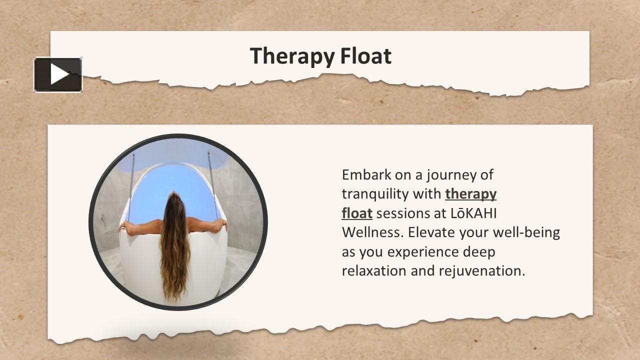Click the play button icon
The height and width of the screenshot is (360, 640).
(x=58, y=75)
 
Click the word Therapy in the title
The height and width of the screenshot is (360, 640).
(x=292, y=56)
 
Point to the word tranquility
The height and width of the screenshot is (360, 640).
(x=375, y=194)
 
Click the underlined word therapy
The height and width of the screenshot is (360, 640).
(x=470, y=194)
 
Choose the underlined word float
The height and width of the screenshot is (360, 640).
(x=357, y=213)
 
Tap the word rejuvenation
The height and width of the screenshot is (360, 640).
(x=482, y=271)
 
